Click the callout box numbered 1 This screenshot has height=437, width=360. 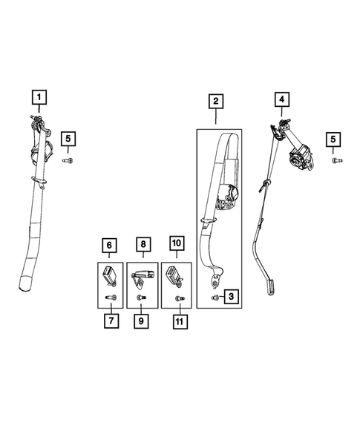coord(39,97)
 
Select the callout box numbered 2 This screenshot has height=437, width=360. coord(216,101)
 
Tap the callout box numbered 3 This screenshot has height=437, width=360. coord(231,296)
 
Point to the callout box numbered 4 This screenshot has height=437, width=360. coord(281,99)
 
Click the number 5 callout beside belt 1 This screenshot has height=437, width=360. coord(68,139)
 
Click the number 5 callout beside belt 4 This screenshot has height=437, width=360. coord(333,139)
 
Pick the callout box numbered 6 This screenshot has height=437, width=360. coord(109,246)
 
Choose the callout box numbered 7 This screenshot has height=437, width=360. coord(111,321)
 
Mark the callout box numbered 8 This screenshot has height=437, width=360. coord(143,244)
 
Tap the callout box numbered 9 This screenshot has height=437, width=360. coord(141,321)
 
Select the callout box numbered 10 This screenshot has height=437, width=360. coord(177,243)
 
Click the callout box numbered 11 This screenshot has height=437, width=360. coord(180,321)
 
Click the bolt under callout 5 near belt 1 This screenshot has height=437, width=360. coord(68,160)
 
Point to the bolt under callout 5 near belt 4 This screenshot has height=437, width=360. coord(337,160)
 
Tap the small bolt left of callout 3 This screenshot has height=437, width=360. coord(215,298)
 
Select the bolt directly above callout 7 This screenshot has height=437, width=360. coord(111,298)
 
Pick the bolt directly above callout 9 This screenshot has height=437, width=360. coord(141,298)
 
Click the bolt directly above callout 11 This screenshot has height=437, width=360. coord(180,298)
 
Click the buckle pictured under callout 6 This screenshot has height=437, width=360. coord(110,276)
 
